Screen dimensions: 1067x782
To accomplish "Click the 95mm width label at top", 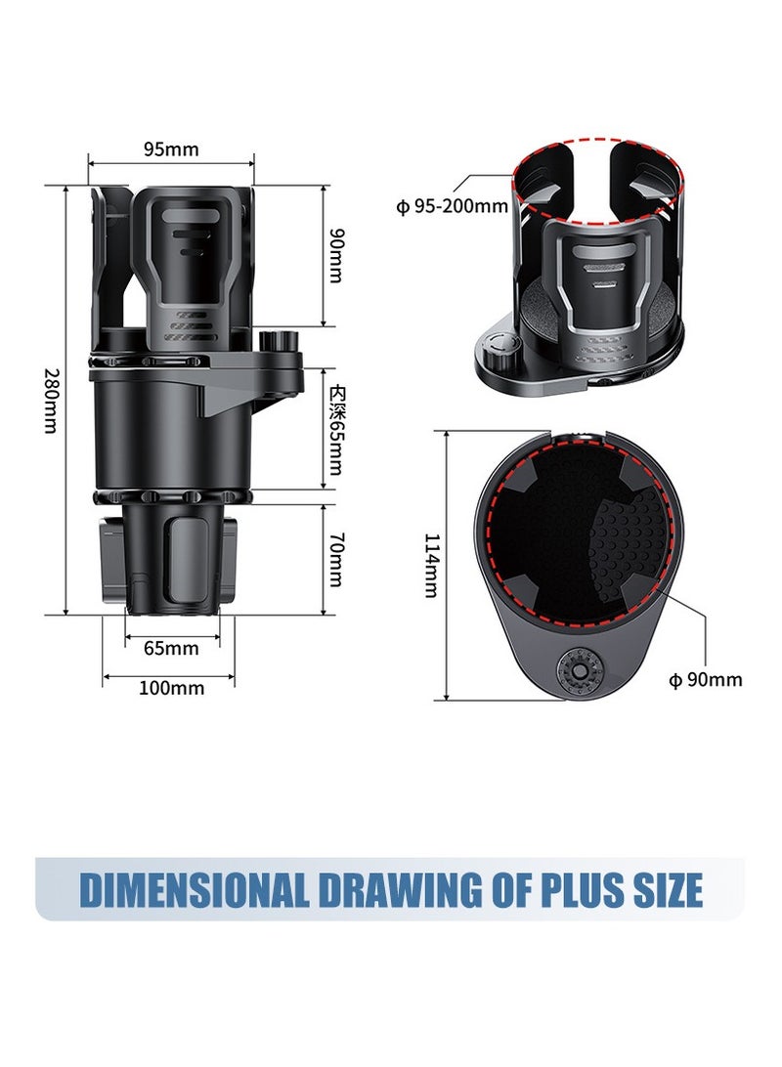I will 171,149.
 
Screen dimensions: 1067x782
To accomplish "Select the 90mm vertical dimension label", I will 335,255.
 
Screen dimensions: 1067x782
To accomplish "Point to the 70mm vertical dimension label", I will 335,560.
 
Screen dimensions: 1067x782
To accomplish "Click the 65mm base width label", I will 171,648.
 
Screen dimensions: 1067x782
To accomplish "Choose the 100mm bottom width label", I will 171,688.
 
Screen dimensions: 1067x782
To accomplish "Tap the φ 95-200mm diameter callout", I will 452,206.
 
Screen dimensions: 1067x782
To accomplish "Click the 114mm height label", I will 431,565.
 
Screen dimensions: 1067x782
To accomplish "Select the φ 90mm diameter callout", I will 705,680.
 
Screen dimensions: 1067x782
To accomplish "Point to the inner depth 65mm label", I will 335,428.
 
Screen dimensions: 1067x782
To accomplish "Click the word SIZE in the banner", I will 666,890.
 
